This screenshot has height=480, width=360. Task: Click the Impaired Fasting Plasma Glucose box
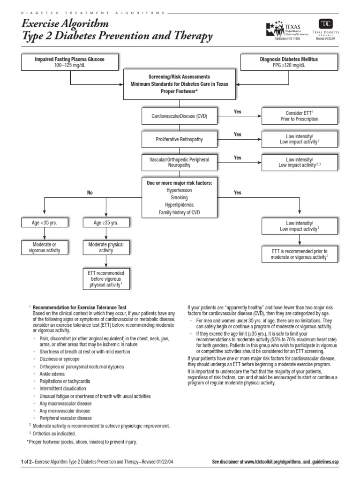pyautogui.click(x=70, y=62)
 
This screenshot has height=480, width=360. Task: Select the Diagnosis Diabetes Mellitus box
pyautogui.click(x=289, y=62)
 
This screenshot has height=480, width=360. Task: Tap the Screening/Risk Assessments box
pyautogui.click(x=180, y=84)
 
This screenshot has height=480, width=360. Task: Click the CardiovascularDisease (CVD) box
pyautogui.click(x=180, y=116)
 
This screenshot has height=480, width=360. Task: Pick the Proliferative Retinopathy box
pyautogui.click(x=180, y=139)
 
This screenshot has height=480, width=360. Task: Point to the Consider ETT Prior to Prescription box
pyautogui.click(x=300, y=116)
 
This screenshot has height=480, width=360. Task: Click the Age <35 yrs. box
pyautogui.click(x=45, y=223)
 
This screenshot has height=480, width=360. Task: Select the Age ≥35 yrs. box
pyautogui.click(x=106, y=223)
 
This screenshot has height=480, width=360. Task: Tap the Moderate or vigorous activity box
pyautogui.click(x=45, y=247)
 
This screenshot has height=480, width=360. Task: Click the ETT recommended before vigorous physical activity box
pyautogui.click(x=106, y=279)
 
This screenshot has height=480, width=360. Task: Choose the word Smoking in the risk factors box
pyautogui.click(x=179, y=197)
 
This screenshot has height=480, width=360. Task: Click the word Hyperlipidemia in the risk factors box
pyautogui.click(x=179, y=205)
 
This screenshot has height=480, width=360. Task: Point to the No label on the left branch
pyautogui.click(x=90, y=193)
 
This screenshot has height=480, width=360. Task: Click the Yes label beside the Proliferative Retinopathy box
pyautogui.click(x=238, y=135)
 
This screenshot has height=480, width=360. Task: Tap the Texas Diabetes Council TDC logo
pyautogui.click(x=326, y=30)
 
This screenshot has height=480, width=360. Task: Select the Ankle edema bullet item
pyautogui.click(x=52, y=374)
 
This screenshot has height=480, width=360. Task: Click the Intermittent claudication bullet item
pyautogui.click(x=63, y=389)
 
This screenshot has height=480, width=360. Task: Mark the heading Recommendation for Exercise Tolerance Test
pyautogui.click(x=80, y=307)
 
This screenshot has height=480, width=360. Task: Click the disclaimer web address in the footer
pyautogui.click(x=292, y=462)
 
